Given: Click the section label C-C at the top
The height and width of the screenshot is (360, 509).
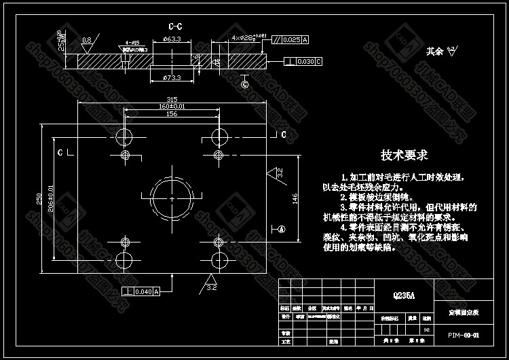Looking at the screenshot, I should point(175,26).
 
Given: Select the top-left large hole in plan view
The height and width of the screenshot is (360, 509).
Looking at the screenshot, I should point(126,133).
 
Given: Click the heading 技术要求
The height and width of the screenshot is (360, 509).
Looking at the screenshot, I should point(404,156).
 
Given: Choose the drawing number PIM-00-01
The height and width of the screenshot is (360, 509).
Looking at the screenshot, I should point(464,335).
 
